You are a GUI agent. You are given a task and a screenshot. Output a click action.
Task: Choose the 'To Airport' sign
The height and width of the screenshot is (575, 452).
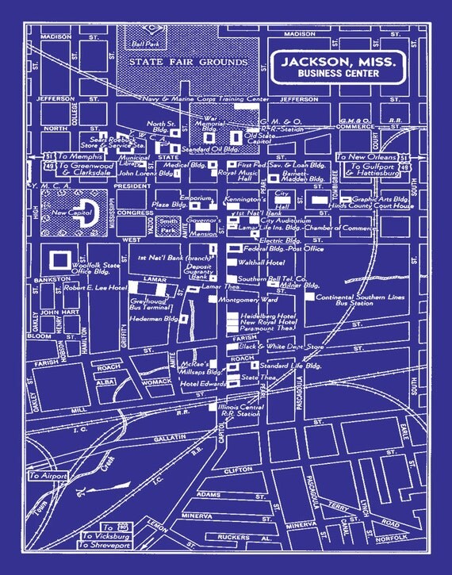coord(49,476)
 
